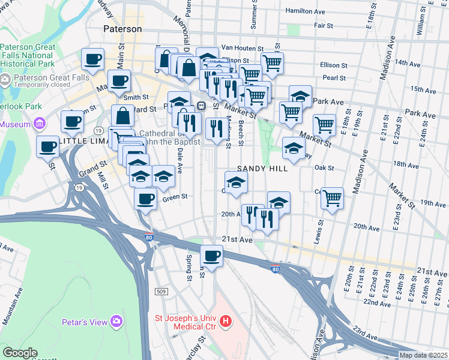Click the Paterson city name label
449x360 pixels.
coord(122,29)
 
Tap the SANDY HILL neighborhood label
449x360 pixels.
coord(262,169)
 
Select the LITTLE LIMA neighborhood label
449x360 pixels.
coord(84,140)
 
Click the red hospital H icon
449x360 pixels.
coord(226,322)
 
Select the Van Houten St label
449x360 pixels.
coord(243,48)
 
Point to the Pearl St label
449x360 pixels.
coord(334,78)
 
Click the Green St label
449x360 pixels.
coord(176,197)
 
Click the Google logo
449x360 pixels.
coord(20,353)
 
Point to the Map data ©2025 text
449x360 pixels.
coord(423,355)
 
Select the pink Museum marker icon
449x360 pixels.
coord(41,124)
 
